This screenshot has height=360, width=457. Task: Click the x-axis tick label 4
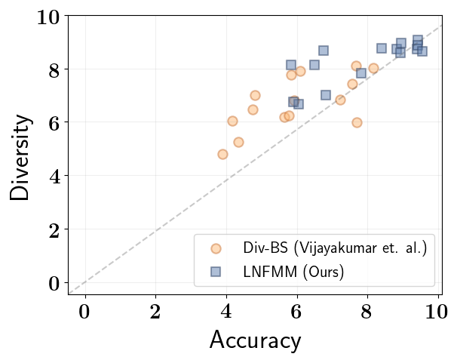(226, 312)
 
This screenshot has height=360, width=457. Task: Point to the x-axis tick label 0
(84, 312)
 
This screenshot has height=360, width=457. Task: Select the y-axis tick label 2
(54, 231)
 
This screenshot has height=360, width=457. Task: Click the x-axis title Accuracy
(255, 340)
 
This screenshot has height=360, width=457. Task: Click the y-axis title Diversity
(20, 158)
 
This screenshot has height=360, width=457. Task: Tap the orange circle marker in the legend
(216, 248)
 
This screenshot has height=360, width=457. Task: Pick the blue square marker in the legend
(216, 272)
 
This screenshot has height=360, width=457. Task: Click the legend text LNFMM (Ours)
(293, 272)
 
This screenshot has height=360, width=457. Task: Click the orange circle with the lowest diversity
(222, 154)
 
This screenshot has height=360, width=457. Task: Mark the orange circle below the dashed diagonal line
(357, 122)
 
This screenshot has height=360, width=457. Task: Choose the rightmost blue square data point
(422, 51)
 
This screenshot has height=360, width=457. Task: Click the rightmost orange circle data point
(373, 69)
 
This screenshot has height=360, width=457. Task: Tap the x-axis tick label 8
(367, 312)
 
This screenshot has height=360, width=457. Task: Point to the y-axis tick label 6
(54, 124)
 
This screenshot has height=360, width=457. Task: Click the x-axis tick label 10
(437, 312)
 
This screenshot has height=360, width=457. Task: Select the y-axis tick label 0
(54, 283)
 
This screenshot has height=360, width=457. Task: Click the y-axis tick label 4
(54, 177)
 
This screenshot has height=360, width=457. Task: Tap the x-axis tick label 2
(155, 312)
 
